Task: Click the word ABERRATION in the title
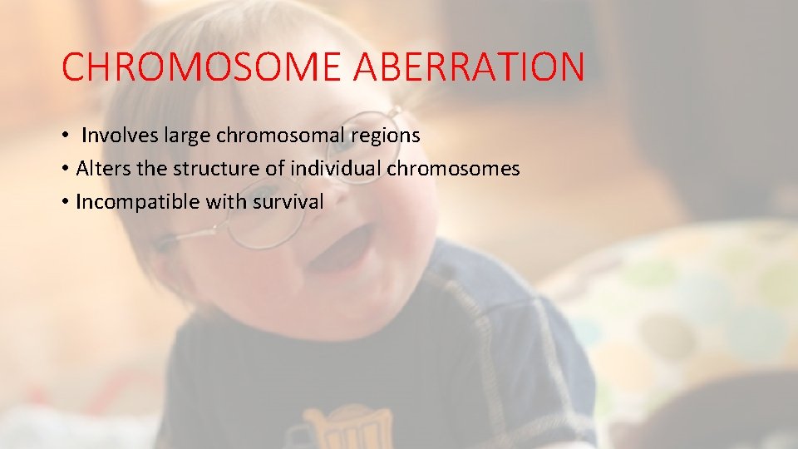coord(469,67)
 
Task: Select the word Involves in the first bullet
coord(117,135)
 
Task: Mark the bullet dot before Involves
coord(65,136)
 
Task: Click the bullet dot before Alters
coord(65,170)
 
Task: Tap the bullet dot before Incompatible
coord(65,203)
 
